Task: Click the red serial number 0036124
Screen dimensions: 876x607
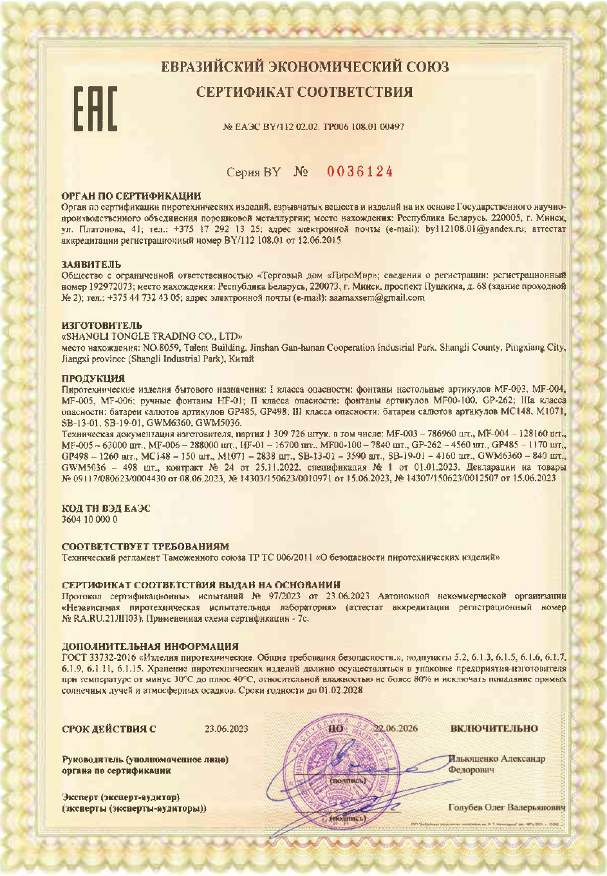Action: (x=360, y=172)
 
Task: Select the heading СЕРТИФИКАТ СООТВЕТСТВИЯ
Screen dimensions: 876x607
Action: (x=304, y=92)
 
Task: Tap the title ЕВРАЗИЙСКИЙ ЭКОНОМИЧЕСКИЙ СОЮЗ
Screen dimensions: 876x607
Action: (x=304, y=67)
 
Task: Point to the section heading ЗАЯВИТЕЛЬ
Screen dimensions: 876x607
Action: (x=91, y=265)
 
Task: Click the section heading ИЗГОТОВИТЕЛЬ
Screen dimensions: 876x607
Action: (x=102, y=326)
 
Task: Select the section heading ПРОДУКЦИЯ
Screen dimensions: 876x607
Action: (x=93, y=378)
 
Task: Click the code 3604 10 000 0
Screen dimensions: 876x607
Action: (x=89, y=519)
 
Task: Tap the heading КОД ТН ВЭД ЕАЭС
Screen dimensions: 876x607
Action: (x=106, y=508)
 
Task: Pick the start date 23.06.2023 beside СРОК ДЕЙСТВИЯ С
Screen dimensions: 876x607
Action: (x=226, y=729)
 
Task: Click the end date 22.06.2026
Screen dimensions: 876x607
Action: (x=396, y=729)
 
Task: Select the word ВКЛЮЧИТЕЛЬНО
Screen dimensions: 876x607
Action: (x=494, y=729)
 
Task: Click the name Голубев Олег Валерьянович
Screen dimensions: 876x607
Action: (x=507, y=807)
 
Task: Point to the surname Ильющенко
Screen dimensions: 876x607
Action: (x=473, y=759)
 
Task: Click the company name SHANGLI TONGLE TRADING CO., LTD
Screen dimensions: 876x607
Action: (x=152, y=337)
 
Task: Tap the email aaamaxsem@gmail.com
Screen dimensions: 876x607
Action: (x=377, y=298)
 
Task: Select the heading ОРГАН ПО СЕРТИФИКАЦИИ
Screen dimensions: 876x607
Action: (x=131, y=196)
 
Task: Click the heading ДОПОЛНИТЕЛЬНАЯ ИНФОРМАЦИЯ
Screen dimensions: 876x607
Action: (x=150, y=646)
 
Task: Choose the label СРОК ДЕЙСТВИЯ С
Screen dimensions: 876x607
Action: (x=109, y=729)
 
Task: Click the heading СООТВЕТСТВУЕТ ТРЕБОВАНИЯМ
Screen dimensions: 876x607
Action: (x=145, y=546)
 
